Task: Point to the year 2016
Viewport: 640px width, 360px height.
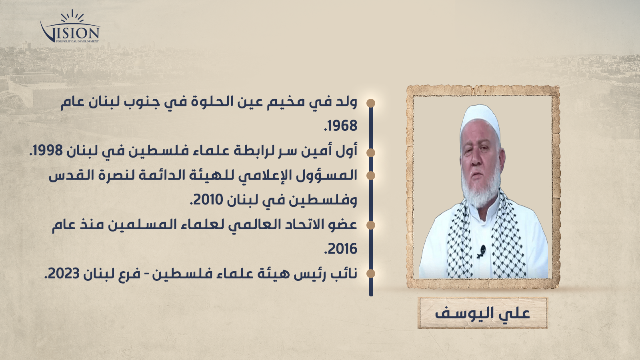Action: tap(341, 249)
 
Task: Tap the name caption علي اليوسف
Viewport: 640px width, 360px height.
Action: tap(482, 313)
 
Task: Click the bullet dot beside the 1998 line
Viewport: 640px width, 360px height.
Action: tap(370, 152)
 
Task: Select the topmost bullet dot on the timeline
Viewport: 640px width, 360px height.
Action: tap(370, 103)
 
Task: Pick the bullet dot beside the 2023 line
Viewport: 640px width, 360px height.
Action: tap(370, 274)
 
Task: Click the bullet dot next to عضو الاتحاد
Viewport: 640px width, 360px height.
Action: tap(370, 225)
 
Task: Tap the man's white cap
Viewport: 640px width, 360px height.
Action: tap(480, 122)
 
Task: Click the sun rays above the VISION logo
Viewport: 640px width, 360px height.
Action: tap(72, 16)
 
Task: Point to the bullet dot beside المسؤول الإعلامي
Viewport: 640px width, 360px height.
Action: tap(370, 176)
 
